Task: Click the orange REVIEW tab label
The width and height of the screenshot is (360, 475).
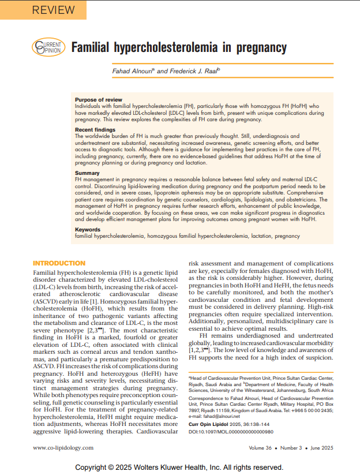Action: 53,10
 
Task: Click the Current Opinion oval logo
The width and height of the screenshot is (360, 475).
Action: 48,47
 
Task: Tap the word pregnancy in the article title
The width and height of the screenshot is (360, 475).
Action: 258,47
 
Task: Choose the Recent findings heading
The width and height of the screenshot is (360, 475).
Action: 95,130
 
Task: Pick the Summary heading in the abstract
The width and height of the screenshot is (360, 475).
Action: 87,173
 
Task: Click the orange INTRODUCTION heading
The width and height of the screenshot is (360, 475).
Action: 59,263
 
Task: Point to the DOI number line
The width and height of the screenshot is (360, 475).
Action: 231,432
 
